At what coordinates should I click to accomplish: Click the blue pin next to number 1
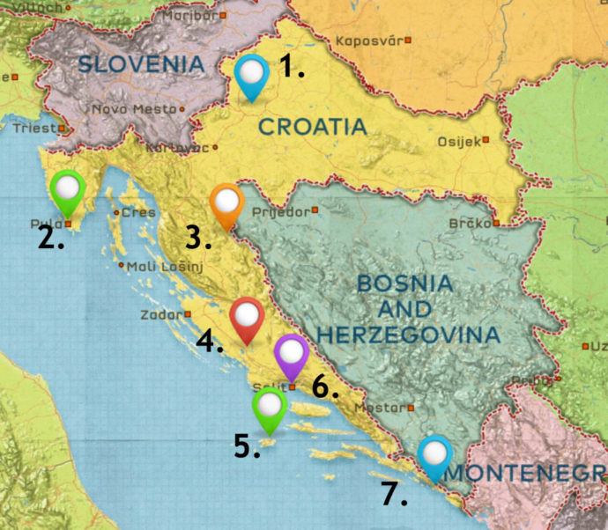(253, 72)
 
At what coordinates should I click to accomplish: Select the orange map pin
(227, 202)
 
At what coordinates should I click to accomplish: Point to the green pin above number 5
(269, 407)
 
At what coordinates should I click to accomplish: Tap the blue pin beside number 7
(434, 455)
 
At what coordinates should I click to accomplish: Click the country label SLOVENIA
(141, 63)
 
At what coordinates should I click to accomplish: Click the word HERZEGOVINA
(408, 335)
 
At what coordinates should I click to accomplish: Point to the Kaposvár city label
(362, 40)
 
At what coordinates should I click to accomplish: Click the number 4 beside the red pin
(209, 342)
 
